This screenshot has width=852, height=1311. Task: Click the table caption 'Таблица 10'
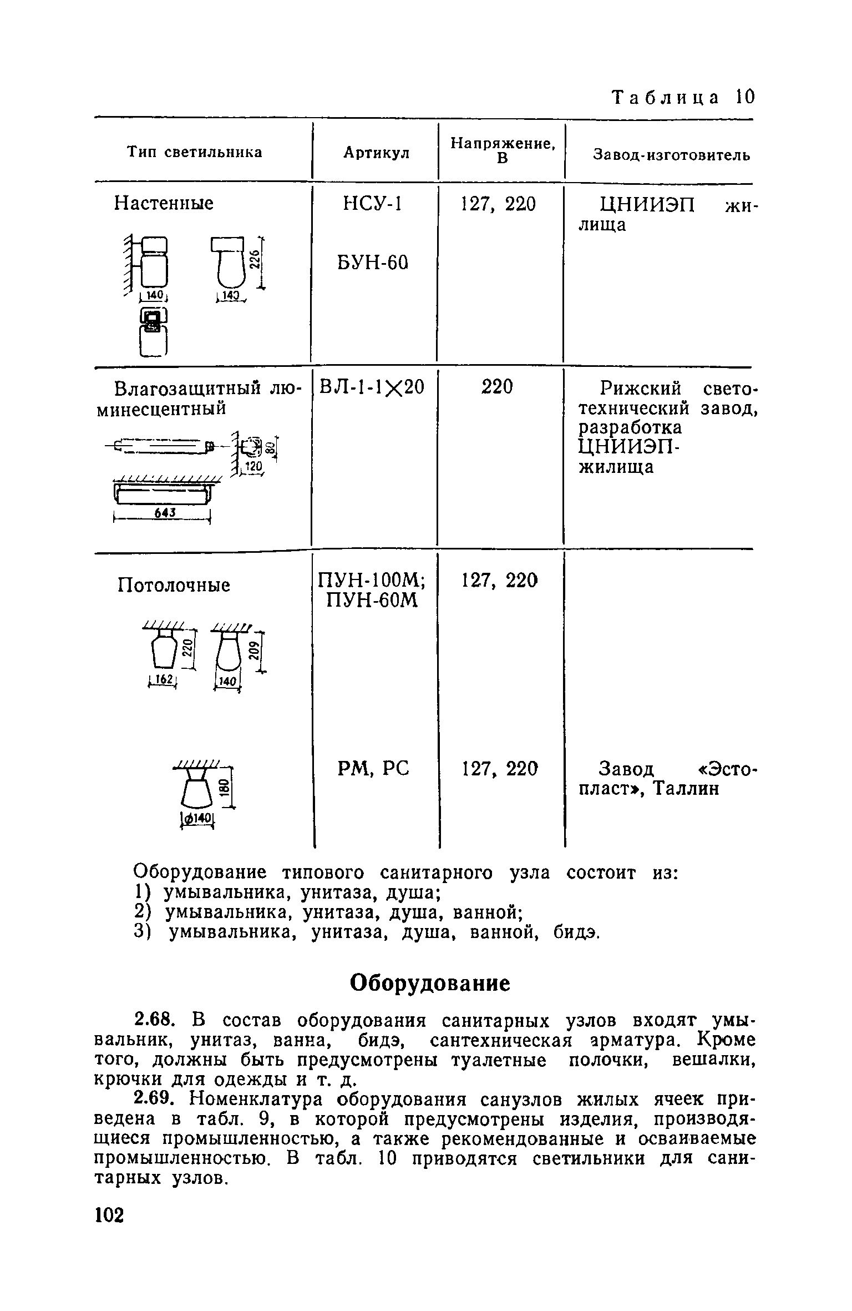(x=683, y=97)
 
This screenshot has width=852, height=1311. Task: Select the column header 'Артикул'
(x=376, y=153)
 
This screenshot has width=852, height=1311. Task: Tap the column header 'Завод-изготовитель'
(x=672, y=155)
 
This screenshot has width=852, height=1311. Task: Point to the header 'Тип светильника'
(x=195, y=152)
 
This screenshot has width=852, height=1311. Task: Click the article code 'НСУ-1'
(x=372, y=204)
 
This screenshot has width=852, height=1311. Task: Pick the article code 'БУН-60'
(x=372, y=262)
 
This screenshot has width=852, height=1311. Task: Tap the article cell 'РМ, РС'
(x=373, y=769)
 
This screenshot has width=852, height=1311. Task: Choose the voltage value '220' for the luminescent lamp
(x=497, y=386)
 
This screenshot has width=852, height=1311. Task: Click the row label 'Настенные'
(x=164, y=204)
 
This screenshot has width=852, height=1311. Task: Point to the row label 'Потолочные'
(x=174, y=585)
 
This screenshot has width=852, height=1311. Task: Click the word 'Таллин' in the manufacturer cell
(x=685, y=788)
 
